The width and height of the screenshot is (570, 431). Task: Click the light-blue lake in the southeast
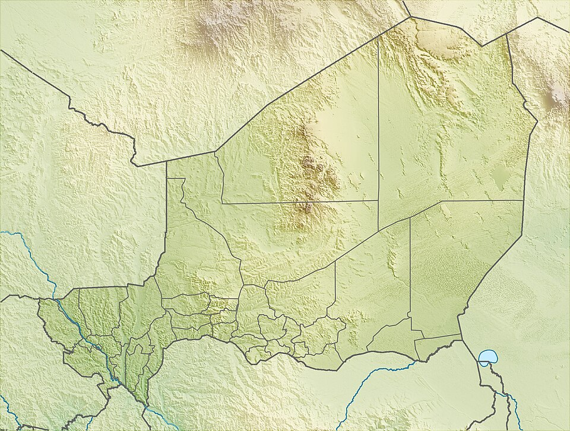point(487,357)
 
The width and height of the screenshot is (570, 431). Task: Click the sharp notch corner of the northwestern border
point(136,164)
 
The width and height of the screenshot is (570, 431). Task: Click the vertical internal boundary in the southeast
point(410,267)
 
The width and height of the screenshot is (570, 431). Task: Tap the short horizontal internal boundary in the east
point(481,200)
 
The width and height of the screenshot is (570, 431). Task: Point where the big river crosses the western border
point(58,300)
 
